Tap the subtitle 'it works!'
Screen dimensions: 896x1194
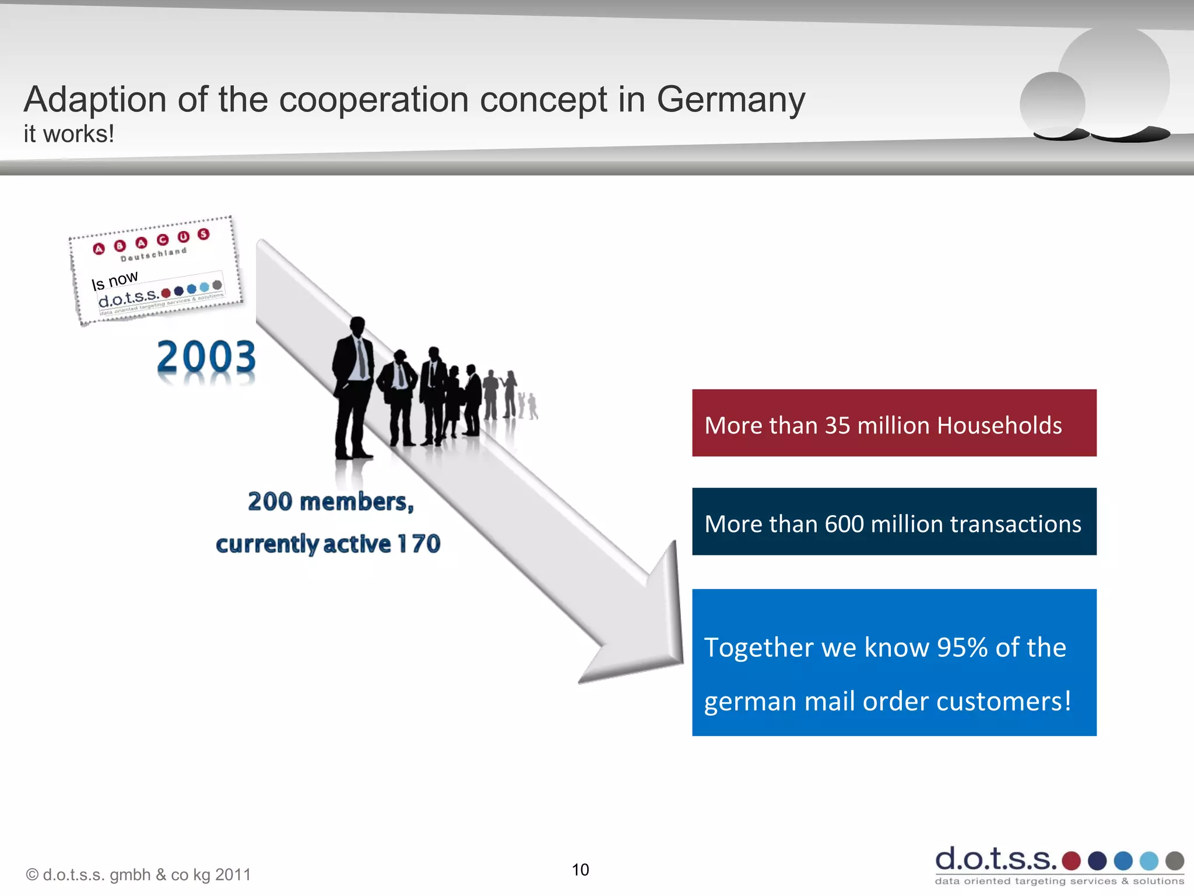click(x=69, y=134)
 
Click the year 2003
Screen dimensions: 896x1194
click(x=206, y=357)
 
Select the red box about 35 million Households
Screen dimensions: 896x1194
click(x=894, y=423)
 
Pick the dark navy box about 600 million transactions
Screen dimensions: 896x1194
click(x=894, y=521)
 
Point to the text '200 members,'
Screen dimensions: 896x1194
click(x=331, y=502)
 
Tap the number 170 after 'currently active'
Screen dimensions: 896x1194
click(x=419, y=544)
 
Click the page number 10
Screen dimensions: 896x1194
click(x=580, y=870)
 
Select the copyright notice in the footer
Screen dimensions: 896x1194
click(x=138, y=874)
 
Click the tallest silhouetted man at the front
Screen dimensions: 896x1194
click(x=353, y=388)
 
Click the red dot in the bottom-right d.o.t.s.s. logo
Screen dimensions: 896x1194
click(x=1071, y=860)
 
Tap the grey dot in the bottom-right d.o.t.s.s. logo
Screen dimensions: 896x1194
click(x=1174, y=860)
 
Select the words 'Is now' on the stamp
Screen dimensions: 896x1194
click(x=115, y=280)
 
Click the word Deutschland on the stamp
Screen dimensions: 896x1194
click(x=153, y=254)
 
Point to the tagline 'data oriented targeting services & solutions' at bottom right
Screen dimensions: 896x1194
click(x=1059, y=881)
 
